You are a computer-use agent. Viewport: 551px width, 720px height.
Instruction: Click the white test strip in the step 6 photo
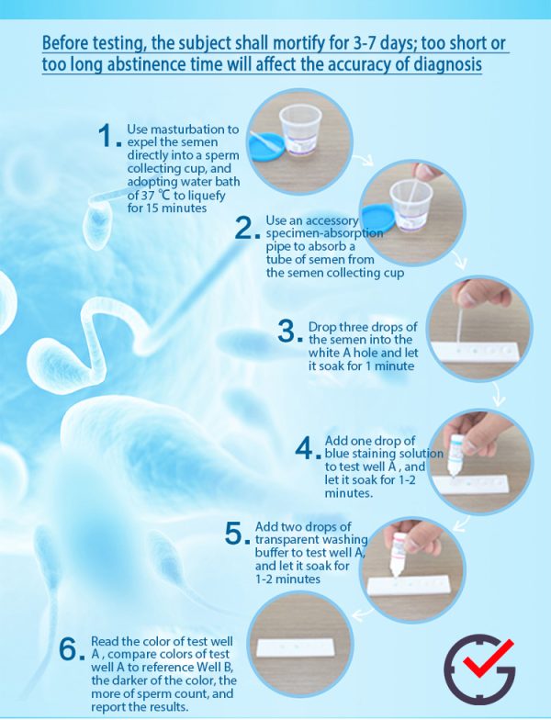297,647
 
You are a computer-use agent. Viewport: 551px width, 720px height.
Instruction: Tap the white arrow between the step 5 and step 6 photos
363,613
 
